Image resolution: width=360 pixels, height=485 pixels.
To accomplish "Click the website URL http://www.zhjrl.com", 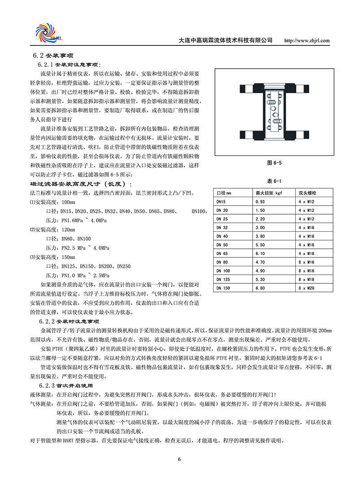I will click(307, 40).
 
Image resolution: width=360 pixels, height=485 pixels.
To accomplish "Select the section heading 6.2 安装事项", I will click(50, 56).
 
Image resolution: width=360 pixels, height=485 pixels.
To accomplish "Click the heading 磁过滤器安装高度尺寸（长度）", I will click(81, 185).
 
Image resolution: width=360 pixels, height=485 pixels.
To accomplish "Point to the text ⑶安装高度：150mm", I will click(53, 257).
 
